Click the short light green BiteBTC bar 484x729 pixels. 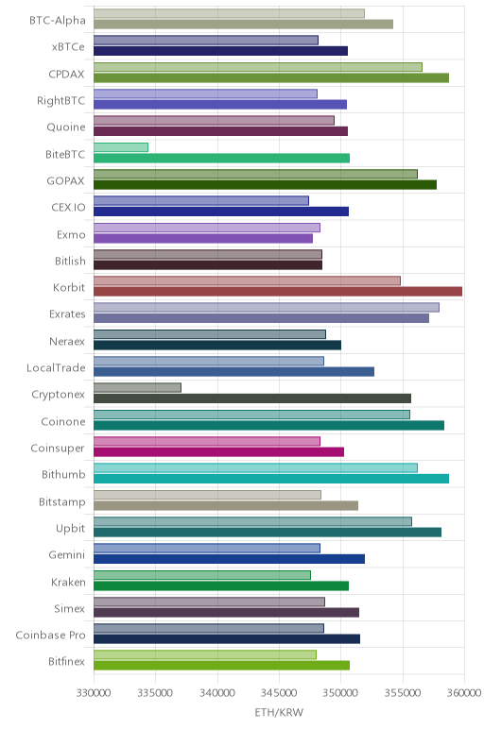click(121, 147)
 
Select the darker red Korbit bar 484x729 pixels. click(278, 292)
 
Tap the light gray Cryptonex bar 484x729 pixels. click(137, 388)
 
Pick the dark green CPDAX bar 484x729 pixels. click(271, 78)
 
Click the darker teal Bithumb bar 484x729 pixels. click(271, 479)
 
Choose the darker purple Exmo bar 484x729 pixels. click(203, 239)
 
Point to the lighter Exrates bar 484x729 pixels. click(267, 307)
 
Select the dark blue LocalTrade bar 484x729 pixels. click(233, 371)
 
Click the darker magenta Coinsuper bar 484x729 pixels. click(218, 452)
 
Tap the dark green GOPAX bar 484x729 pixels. click(265, 185)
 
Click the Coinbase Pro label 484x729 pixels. click(50, 636)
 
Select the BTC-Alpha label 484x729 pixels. click(58, 21)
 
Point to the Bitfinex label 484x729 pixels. click(66, 662)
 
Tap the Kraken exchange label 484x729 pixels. click(68, 582)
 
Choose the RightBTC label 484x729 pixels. click(60, 101)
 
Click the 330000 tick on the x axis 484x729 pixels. click(94, 693)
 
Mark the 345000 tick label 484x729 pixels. click(279, 693)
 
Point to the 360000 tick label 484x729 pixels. click(463, 693)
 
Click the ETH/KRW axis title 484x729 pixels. click(279, 712)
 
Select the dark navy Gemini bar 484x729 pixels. click(229, 559)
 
